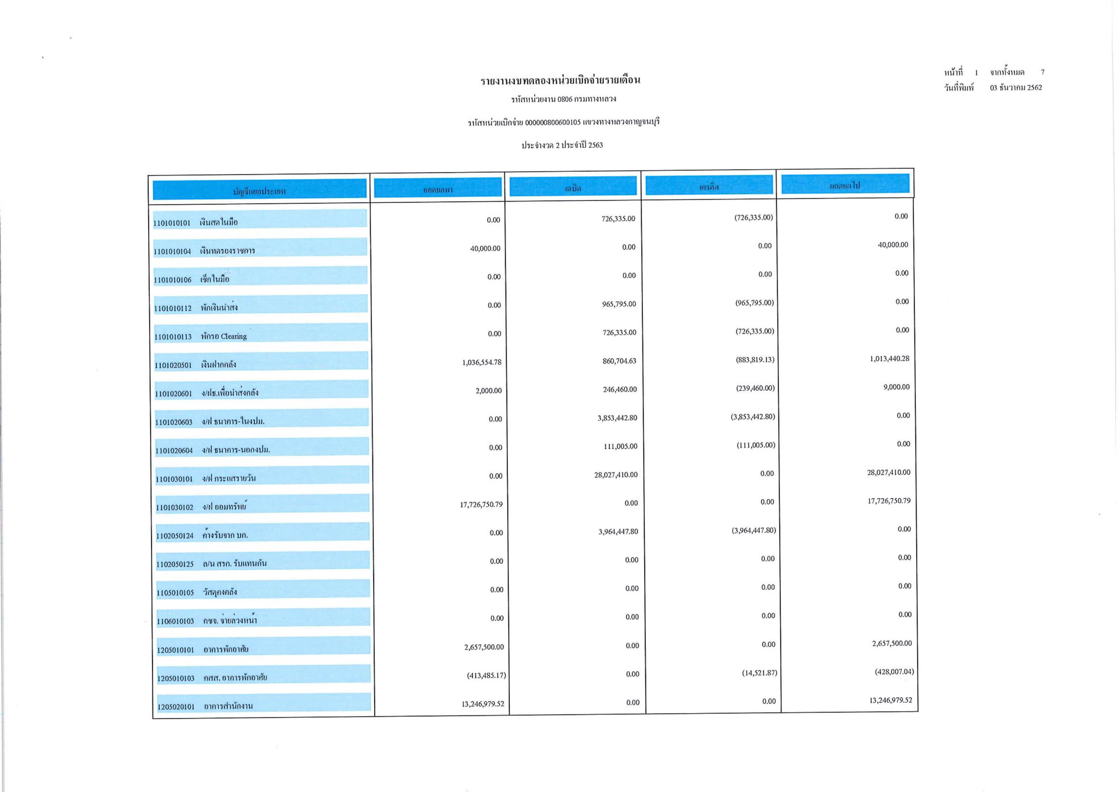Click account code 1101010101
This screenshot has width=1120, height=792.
click(x=172, y=223)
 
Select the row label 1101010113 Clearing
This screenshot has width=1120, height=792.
click(x=200, y=336)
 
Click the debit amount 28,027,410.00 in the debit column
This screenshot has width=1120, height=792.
click(x=616, y=475)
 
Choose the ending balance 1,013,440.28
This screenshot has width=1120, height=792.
click(x=889, y=359)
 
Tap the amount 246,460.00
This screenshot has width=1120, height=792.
click(x=620, y=389)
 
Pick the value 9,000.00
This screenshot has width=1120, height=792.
click(x=896, y=387)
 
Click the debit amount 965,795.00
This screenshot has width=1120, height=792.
click(x=619, y=304)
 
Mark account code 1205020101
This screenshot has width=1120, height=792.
click(x=176, y=706)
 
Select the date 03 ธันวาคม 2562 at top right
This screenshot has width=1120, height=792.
click(x=1016, y=88)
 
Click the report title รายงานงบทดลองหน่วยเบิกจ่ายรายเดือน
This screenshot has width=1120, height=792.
click(x=560, y=80)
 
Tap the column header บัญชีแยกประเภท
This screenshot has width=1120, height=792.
click(x=259, y=191)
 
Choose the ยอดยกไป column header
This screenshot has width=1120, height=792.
click(x=845, y=185)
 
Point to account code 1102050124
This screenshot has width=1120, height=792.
click(x=175, y=536)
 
